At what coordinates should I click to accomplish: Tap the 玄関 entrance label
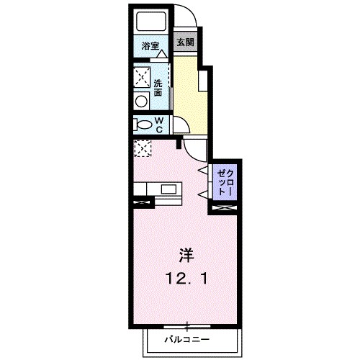(185, 42)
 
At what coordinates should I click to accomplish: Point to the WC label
(160, 125)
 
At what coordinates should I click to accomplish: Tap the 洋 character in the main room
(185, 254)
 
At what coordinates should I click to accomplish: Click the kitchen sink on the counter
(171, 190)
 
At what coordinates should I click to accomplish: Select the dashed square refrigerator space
(143, 149)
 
